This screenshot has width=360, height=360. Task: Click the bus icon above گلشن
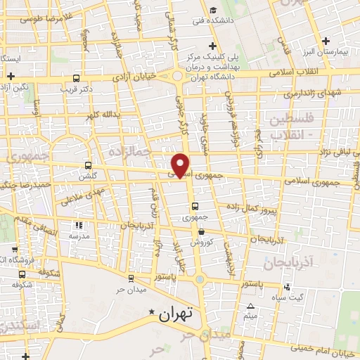[87, 165]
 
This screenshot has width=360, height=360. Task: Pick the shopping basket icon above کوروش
[201, 231]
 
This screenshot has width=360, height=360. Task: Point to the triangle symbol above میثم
[251, 306]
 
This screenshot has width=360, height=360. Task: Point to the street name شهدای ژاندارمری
[310, 94]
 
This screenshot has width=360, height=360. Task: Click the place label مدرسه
[79, 237]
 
